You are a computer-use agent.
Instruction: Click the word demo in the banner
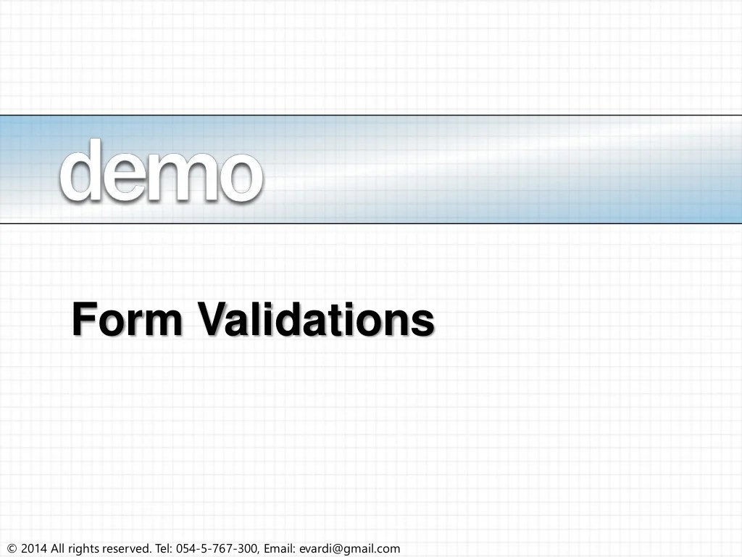(161, 171)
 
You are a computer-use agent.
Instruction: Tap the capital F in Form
(84, 320)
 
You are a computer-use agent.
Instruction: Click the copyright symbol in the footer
(11, 549)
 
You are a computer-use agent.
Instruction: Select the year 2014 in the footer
(34, 549)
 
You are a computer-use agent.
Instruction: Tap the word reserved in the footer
(126, 549)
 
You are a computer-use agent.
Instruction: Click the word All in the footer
(58, 549)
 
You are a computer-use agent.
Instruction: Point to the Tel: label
(164, 549)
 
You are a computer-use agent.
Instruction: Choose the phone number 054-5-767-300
(218, 549)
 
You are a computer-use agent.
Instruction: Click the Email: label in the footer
(280, 549)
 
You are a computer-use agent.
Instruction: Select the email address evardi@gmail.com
(349, 549)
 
